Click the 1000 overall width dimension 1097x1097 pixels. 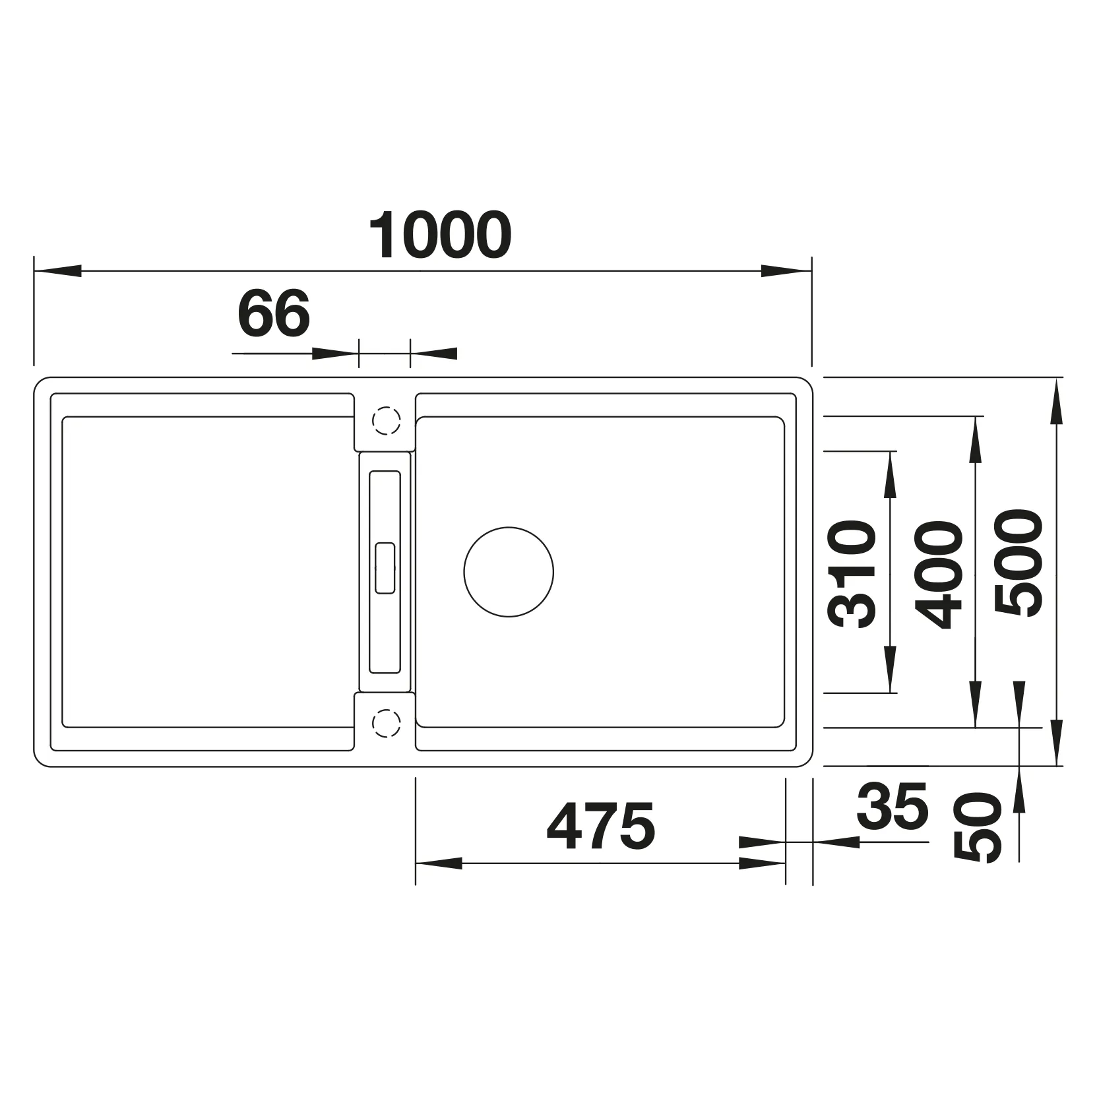pyautogui.click(x=439, y=235)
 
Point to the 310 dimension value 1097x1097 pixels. pyautogui.click(x=854, y=573)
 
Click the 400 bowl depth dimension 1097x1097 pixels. pyautogui.click(x=939, y=573)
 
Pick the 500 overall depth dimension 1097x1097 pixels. pyautogui.click(x=1019, y=563)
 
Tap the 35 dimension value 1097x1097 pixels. pyautogui.click(x=893, y=807)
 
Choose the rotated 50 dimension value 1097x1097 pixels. pyautogui.click(x=978, y=827)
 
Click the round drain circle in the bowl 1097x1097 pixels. pyautogui.click(x=509, y=573)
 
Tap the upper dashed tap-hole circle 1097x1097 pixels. pyautogui.click(x=386, y=420)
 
